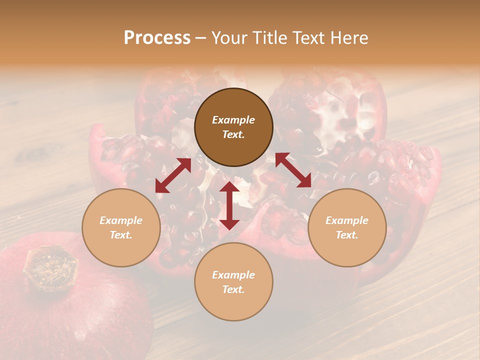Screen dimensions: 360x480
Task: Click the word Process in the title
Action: coord(157,38)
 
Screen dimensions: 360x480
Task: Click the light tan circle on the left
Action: coord(121,227)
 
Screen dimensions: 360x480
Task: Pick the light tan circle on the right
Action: coord(347,227)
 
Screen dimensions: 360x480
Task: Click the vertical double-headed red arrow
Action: coord(229,205)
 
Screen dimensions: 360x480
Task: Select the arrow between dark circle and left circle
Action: coord(173,175)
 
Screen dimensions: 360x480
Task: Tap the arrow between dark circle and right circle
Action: coord(293,170)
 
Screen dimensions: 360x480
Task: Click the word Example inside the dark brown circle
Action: coord(233,120)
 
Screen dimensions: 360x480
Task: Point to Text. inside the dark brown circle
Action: coord(233,135)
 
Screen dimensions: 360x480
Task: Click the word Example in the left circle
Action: coord(121,220)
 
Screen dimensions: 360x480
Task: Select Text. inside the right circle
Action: coord(347,235)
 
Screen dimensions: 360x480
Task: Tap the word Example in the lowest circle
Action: coord(233,275)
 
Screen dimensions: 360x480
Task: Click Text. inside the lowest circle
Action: coord(233,290)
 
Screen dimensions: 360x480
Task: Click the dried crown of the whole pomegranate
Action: coord(50,267)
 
